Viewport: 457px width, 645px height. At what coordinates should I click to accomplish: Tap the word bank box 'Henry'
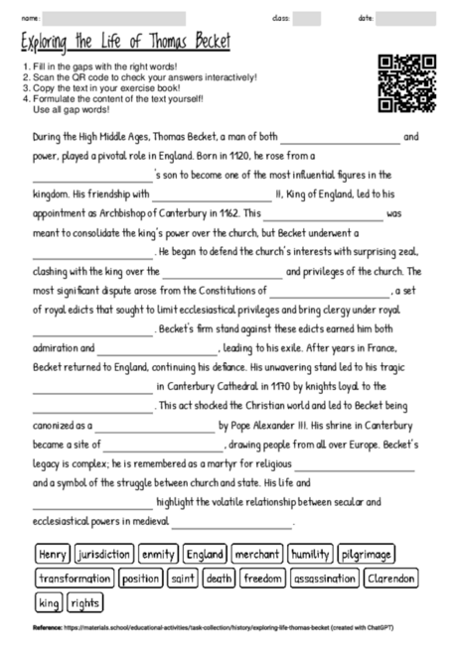53,554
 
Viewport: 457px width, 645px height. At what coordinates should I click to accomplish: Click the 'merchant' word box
258,554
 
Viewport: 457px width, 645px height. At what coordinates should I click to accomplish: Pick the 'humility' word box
310,554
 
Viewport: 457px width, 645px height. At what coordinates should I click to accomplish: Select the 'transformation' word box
75,578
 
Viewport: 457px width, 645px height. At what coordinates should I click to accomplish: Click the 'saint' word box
183,578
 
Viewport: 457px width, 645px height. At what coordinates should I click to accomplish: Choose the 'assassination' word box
325,578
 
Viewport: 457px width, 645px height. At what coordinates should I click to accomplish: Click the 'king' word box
49,601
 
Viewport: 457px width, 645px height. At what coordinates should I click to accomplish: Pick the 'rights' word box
85,601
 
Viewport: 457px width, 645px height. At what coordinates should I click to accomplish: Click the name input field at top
114,18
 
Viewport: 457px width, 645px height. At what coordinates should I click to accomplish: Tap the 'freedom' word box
263,578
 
